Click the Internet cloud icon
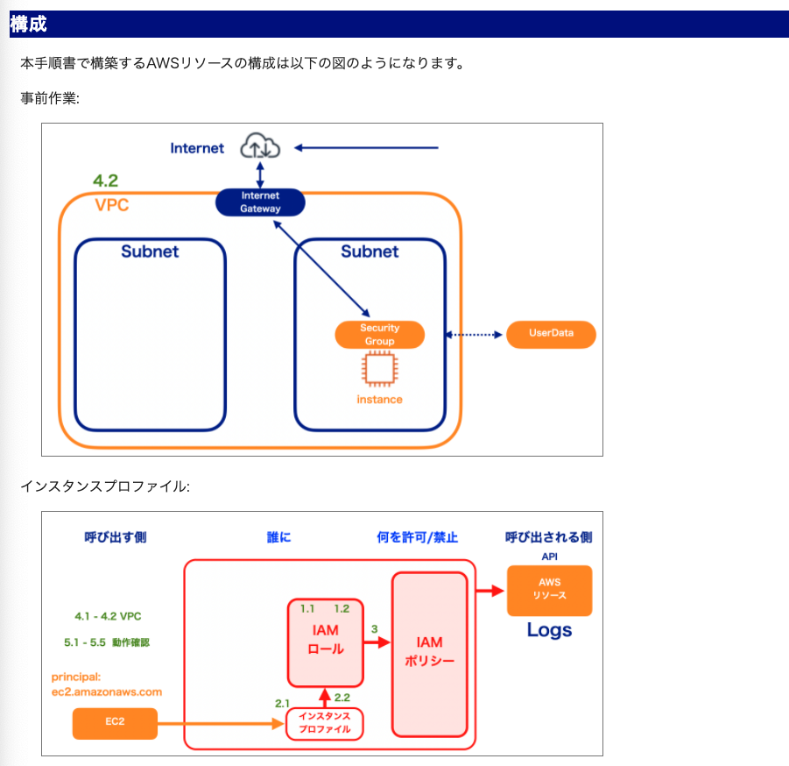(260, 145)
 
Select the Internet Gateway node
(260, 202)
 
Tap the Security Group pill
(380, 335)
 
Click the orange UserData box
(551, 335)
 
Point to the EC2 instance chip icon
(380, 369)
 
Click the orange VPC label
(112, 205)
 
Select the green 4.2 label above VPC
(106, 181)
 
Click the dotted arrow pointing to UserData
(474, 335)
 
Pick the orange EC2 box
(115, 723)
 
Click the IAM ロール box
(326, 642)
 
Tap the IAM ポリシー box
(430, 654)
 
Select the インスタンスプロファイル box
(325, 724)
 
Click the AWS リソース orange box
(549, 590)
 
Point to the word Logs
(549, 630)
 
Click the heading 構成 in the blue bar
(28, 24)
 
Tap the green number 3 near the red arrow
(375, 629)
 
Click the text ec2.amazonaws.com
(107, 692)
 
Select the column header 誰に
(278, 537)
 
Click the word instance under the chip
(379, 400)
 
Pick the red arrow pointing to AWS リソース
(490, 590)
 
